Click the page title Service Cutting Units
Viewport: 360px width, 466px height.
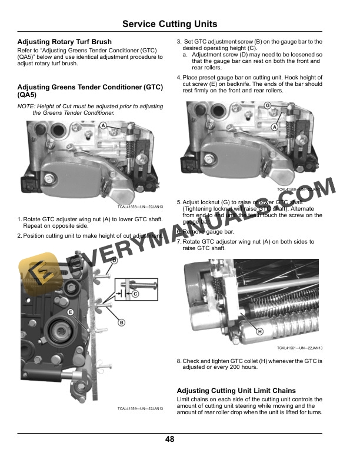tap(169, 24)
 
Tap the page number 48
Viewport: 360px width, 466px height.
tap(169, 439)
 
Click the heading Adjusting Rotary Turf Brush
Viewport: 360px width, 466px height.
tap(65, 42)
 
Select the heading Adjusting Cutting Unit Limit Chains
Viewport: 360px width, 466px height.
tap(236, 391)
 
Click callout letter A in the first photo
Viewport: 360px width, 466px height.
tap(103, 126)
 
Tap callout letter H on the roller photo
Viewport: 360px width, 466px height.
tap(259, 332)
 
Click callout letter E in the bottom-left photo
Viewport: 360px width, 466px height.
tap(71, 312)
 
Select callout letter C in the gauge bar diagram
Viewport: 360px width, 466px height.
tap(135, 293)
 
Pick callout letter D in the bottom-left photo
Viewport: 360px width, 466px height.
tap(114, 261)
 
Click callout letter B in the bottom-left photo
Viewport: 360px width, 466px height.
tap(122, 322)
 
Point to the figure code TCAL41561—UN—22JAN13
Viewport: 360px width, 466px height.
tap(300, 348)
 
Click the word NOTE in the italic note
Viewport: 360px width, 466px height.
tap(26, 106)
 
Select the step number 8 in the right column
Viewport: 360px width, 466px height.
tap(179, 361)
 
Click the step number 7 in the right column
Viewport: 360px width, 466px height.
tap(179, 242)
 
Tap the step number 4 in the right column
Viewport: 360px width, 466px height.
tap(179, 78)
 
